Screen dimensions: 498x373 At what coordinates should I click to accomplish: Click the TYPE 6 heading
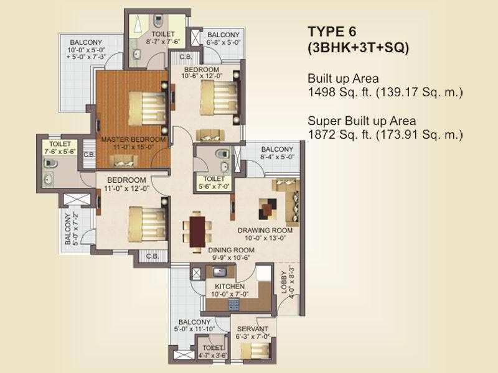(x=332, y=32)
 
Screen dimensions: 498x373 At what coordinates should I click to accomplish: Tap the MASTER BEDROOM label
(x=133, y=139)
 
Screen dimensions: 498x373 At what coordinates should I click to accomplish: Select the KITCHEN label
(x=230, y=287)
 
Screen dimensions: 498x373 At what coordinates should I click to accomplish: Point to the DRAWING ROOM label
(x=265, y=230)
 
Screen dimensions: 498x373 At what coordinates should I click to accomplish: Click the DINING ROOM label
(x=231, y=250)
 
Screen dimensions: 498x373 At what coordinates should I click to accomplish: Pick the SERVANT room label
(x=253, y=329)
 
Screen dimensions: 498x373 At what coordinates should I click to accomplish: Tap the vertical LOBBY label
(x=284, y=282)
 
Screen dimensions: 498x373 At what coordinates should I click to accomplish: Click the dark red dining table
(x=197, y=231)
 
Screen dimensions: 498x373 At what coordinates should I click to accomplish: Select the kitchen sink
(x=219, y=272)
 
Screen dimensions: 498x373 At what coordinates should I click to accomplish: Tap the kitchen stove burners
(x=234, y=305)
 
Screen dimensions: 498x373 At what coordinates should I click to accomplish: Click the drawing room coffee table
(x=268, y=209)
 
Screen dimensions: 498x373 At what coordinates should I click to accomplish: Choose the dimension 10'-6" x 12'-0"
(x=202, y=76)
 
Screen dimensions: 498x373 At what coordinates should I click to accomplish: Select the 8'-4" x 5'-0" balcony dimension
(x=277, y=157)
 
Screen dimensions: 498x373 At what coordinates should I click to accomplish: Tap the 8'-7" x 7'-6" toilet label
(x=163, y=42)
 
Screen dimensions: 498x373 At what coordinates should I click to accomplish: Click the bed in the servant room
(x=255, y=351)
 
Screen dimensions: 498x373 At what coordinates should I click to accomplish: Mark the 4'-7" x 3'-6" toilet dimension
(x=212, y=355)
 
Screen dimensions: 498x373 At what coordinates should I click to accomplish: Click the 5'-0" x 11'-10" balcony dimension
(x=194, y=329)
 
